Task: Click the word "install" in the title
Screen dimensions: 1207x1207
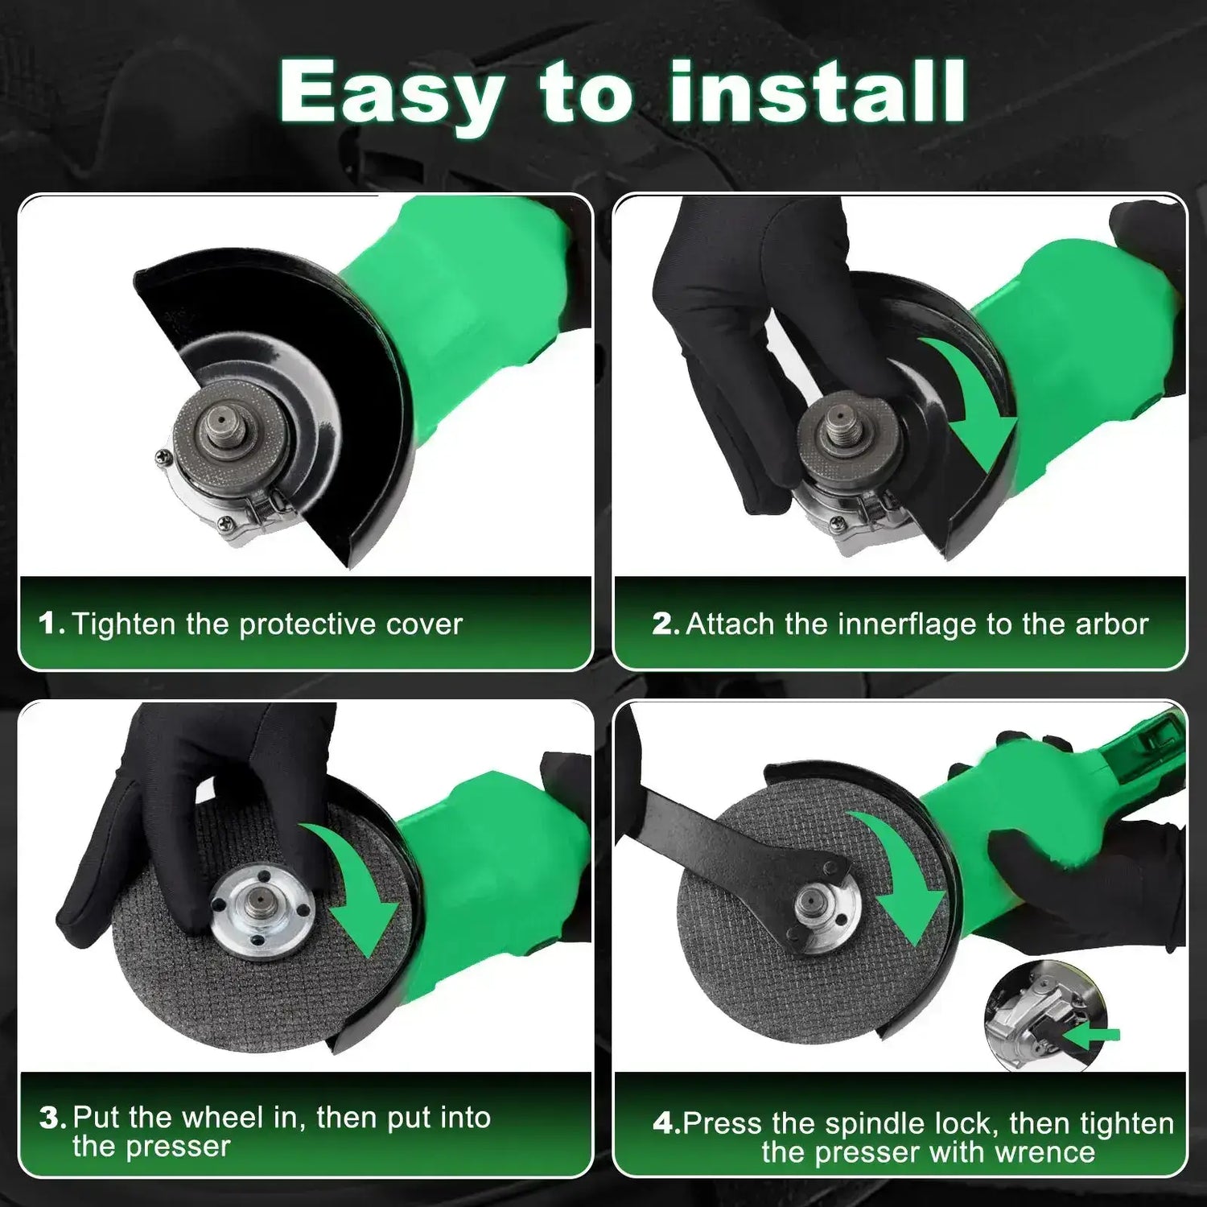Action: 818,92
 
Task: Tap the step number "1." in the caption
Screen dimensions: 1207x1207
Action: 51,624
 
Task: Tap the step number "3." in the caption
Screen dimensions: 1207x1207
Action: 52,1118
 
